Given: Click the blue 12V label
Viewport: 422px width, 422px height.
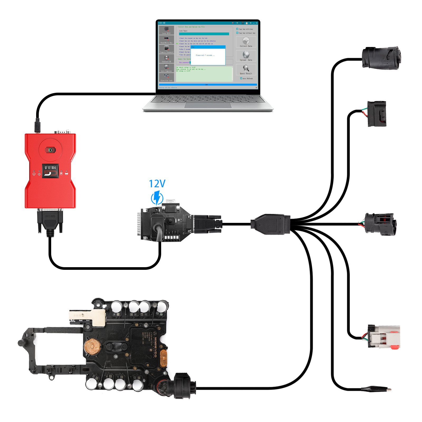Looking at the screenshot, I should (x=157, y=184).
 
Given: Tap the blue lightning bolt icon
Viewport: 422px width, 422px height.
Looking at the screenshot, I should (x=157, y=198).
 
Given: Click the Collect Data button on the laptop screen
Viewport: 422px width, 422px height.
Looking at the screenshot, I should (x=246, y=42).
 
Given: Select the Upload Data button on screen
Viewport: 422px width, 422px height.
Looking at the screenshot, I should (x=246, y=56).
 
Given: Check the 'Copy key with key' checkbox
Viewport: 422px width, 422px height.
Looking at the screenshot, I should (x=237, y=29).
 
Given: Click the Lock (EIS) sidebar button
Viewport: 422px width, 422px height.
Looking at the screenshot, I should (x=166, y=30).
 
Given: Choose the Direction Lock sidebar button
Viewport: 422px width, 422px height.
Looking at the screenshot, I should (x=166, y=78).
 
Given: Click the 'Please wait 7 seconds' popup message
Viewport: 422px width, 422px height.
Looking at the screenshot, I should (x=205, y=55).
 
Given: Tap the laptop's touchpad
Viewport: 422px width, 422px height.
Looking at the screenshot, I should (x=208, y=105).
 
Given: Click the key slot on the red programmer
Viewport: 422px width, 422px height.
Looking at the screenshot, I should (x=50, y=150).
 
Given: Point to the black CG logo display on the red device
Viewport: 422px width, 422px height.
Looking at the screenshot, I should (x=50, y=171).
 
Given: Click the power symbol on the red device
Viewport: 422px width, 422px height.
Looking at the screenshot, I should (x=34, y=174).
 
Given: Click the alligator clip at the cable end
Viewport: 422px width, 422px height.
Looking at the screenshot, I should (x=376, y=389).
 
